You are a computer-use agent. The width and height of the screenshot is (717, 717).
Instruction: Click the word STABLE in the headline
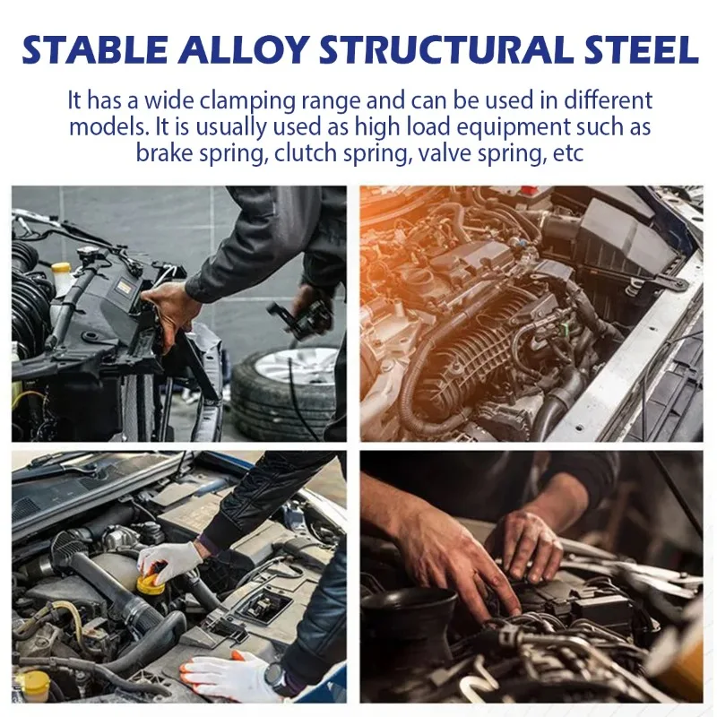click(x=95, y=49)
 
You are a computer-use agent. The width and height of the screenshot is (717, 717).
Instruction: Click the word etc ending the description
click(x=568, y=153)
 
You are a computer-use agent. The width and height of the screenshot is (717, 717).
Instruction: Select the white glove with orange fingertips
click(x=229, y=676)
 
